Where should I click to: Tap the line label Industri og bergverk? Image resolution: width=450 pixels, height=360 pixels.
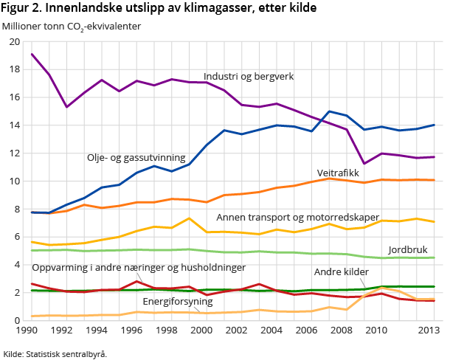coord(249,76)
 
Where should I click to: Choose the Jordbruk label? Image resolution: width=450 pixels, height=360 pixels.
coord(407,250)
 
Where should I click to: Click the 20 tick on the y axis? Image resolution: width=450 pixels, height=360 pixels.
coord(15,41)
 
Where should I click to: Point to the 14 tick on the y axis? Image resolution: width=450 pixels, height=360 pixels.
coord(15,125)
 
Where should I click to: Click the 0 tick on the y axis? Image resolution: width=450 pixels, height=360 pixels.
coord(17,320)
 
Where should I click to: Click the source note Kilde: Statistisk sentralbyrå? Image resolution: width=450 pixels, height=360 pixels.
coord(55,353)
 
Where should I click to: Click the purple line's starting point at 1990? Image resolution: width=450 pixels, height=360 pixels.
coord(32,54)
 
